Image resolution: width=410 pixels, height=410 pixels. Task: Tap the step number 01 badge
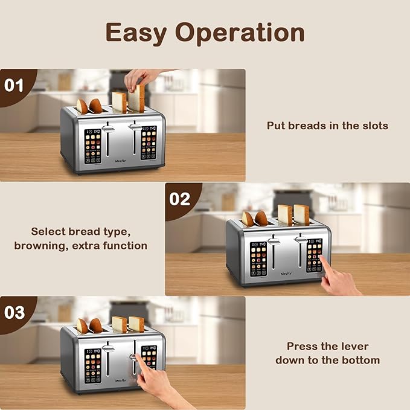tap(14, 85)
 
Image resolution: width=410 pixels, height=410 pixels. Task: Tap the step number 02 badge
tap(179, 199)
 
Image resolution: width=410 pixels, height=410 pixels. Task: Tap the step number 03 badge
tap(14, 312)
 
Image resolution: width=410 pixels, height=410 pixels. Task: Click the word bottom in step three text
tap(360, 360)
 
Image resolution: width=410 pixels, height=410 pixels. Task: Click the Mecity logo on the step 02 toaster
tap(286, 273)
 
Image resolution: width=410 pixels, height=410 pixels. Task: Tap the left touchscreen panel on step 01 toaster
tap(93, 146)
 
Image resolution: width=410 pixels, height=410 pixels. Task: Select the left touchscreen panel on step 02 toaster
tap(259, 259)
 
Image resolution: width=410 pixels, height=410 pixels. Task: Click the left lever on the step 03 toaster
tap(108, 349)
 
